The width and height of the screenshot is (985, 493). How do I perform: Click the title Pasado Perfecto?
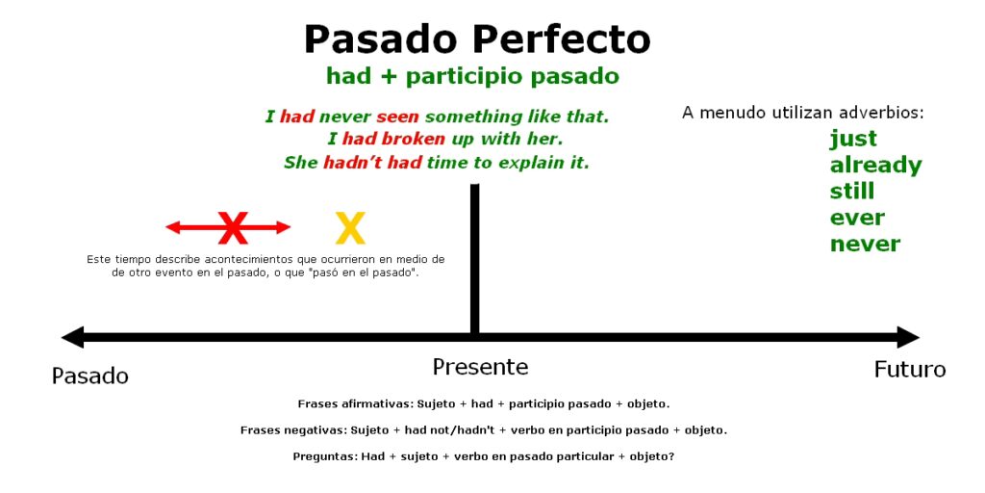[477, 39]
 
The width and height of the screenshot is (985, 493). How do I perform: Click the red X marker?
[233, 227]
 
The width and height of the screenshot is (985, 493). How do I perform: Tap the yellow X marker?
[350, 227]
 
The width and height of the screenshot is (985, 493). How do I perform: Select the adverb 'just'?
[853, 139]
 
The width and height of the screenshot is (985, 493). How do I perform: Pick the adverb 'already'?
[875, 166]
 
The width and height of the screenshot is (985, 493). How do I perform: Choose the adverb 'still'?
[852, 192]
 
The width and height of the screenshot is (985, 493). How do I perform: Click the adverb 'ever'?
[857, 219]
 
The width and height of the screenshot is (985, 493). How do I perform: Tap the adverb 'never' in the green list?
[865, 244]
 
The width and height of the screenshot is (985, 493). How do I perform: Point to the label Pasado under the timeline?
[89, 376]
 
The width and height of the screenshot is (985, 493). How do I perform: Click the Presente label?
[481, 367]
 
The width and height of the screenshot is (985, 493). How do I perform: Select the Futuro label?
[910, 369]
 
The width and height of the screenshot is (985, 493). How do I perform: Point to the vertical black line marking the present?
[475, 259]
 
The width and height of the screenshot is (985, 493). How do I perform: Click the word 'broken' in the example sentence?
[413, 139]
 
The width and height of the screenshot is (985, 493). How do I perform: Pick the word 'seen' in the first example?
[397, 117]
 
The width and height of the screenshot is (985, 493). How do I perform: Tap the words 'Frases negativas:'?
[292, 430]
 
